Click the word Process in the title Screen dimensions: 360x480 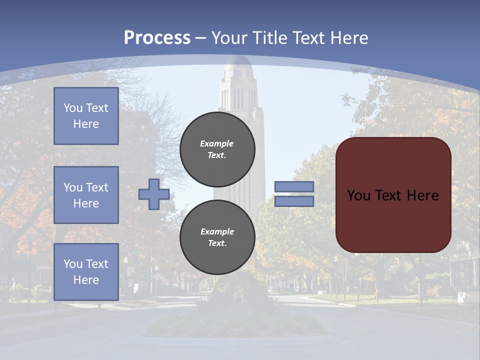(157, 38)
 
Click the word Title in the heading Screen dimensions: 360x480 (269, 38)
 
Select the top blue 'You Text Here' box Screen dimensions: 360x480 (86, 116)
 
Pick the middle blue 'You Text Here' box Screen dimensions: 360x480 (86, 195)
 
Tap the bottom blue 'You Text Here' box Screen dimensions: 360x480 (86, 272)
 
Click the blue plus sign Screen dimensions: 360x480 (153, 194)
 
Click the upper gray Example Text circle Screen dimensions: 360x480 (217, 149)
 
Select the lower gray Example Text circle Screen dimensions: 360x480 (217, 237)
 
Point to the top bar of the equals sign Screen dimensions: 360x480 (294, 187)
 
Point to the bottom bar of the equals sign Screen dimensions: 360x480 (294, 201)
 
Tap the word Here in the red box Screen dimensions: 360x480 (422, 195)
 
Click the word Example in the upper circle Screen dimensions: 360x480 (217, 143)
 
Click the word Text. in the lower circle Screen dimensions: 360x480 (217, 243)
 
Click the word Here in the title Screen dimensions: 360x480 (348, 38)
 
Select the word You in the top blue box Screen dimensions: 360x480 (72, 108)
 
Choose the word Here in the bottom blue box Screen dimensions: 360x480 (86, 280)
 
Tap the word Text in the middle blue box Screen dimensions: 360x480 (96, 187)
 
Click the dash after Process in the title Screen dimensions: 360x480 (200, 38)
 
